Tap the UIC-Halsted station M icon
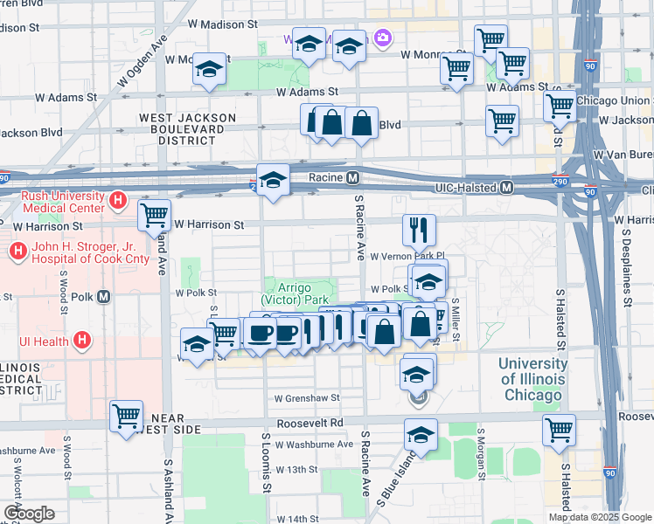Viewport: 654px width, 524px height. [x=507, y=188]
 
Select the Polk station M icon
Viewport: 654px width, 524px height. [x=104, y=296]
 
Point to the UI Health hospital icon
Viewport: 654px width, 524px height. [x=82, y=339]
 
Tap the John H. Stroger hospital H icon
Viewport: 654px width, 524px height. [x=17, y=252]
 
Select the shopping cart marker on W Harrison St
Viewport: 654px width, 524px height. [x=155, y=215]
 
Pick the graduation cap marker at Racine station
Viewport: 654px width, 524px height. [x=274, y=181]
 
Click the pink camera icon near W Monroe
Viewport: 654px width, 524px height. [x=382, y=38]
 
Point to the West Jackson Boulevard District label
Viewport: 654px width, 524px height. [x=186, y=128]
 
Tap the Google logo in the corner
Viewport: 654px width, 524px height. [x=29, y=514]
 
